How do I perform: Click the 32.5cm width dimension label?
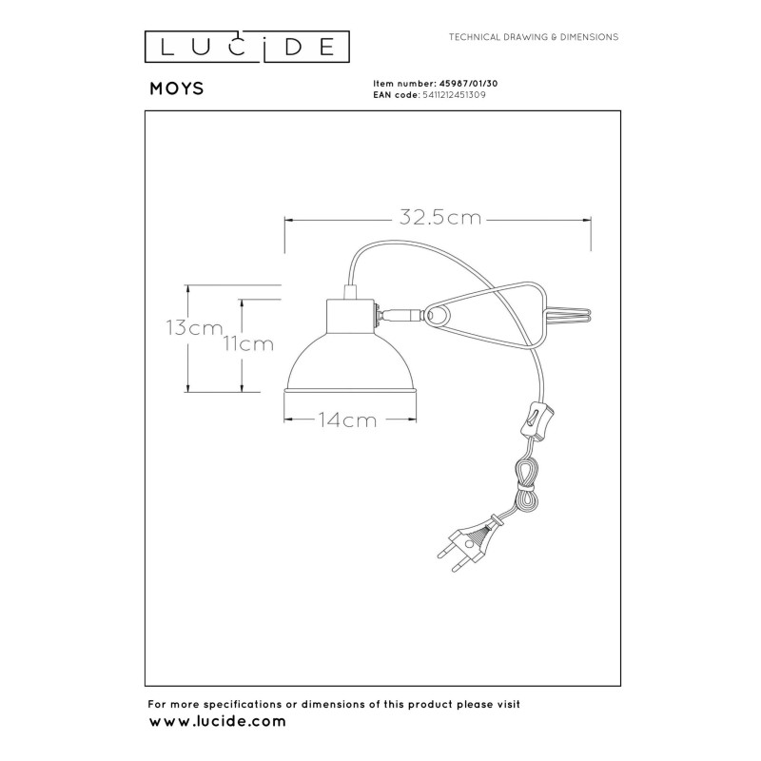click(439, 218)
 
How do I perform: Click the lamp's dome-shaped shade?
click(350, 361)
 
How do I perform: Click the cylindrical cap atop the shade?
click(351, 313)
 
